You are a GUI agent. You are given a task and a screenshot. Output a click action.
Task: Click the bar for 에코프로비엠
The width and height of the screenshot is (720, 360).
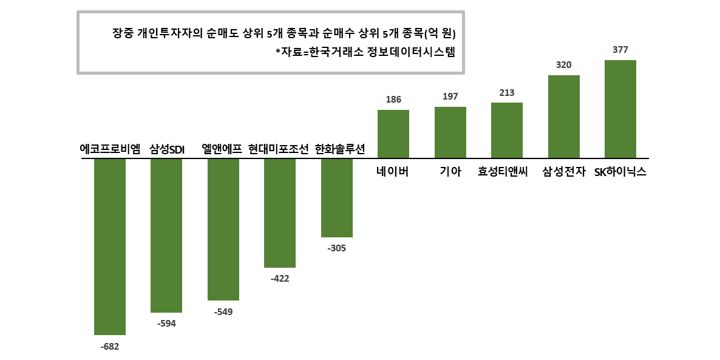pyautogui.click(x=110, y=246)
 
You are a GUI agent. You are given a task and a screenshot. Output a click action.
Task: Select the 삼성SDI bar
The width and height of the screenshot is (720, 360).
pyautogui.click(x=166, y=236)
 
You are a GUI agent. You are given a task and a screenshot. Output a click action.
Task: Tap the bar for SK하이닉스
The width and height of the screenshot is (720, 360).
pyautogui.click(x=620, y=109)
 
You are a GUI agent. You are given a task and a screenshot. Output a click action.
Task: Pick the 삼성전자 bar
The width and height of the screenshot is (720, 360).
pyautogui.click(x=563, y=117)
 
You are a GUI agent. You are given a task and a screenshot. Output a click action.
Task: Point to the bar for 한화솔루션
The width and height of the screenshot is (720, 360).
pyautogui.click(x=337, y=198)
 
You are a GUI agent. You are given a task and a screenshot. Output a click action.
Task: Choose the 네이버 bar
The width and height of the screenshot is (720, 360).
pyautogui.click(x=393, y=134)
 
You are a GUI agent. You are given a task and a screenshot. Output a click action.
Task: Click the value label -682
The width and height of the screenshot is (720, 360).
pyautogui.click(x=110, y=347)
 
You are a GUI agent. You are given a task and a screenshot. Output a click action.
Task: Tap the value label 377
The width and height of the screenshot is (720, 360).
pyautogui.click(x=620, y=50)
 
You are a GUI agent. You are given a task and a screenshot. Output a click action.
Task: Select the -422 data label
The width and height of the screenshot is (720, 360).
pyautogui.click(x=279, y=279)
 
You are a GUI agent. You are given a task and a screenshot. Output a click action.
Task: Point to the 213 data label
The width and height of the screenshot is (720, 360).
pyautogui.click(x=507, y=93)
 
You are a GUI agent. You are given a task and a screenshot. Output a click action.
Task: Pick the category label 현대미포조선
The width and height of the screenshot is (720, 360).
pyautogui.click(x=279, y=149)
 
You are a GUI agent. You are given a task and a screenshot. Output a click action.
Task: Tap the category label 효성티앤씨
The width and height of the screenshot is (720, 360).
pyautogui.click(x=503, y=172)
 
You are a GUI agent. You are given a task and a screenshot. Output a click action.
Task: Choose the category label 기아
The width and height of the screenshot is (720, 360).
pyautogui.click(x=450, y=172)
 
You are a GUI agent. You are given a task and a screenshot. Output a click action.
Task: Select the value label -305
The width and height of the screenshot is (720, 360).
pyautogui.click(x=336, y=248)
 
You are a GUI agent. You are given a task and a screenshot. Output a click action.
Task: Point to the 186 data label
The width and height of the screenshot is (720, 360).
pyautogui.click(x=393, y=100)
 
